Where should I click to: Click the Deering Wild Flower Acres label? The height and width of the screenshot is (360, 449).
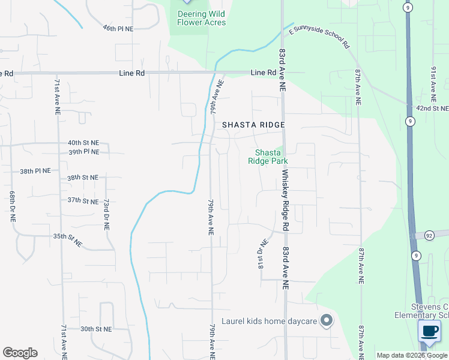[x=201, y=18]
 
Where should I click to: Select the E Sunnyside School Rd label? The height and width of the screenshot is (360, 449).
[x=319, y=37]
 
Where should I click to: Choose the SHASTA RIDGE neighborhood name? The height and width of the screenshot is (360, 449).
[x=253, y=125]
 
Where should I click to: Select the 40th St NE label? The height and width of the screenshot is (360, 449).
[x=83, y=143]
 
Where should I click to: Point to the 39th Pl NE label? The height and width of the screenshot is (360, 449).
[x=83, y=152]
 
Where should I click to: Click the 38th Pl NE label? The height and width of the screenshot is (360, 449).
[x=35, y=171]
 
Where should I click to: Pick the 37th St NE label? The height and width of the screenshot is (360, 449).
[x=83, y=200]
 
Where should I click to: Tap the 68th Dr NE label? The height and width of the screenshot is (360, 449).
[x=12, y=207]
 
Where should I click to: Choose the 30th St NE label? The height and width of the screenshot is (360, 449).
[x=96, y=329]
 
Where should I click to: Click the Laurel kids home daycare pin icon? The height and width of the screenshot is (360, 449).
[x=326, y=321]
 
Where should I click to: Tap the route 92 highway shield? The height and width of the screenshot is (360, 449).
[x=429, y=235]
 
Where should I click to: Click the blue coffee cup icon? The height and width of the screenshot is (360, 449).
[x=430, y=331]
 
